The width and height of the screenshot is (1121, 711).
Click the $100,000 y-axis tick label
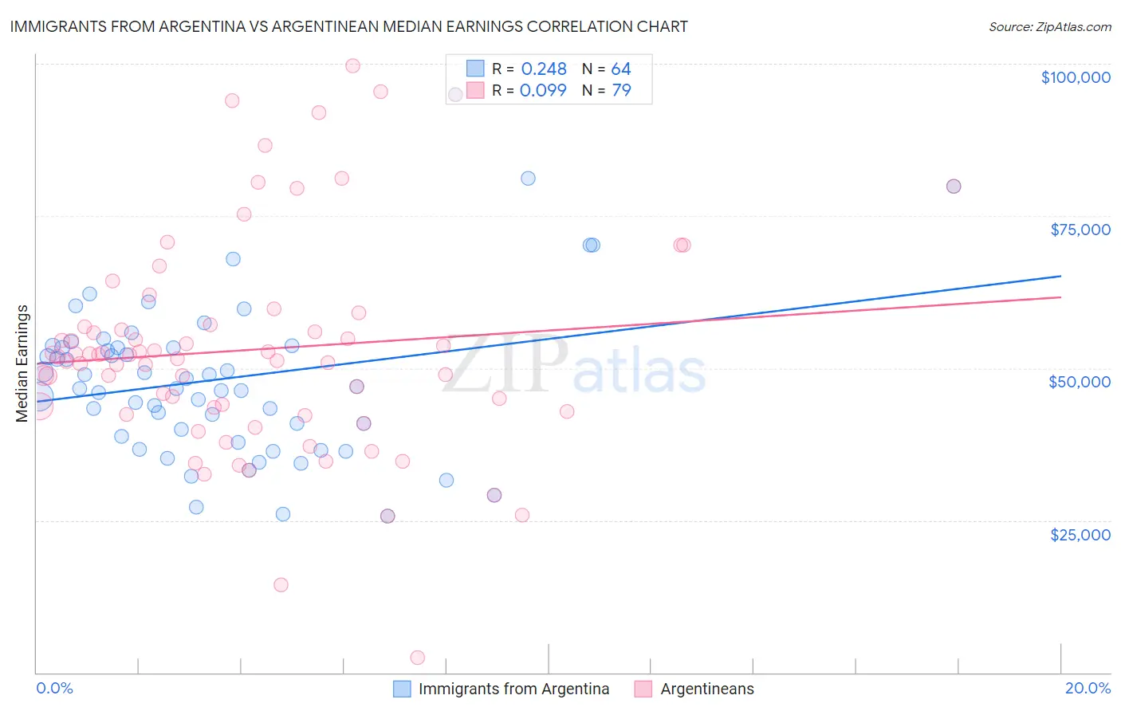(1075, 77)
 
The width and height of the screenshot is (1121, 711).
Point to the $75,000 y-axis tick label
(1080, 230)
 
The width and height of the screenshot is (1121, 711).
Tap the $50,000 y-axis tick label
(1079, 382)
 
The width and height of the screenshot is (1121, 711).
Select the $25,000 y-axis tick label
(1080, 535)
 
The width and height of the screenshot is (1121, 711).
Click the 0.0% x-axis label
(54, 688)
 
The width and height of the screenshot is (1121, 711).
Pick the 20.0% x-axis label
(1088, 688)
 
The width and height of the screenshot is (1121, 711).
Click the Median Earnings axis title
(22, 363)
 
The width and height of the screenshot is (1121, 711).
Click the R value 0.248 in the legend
(543, 69)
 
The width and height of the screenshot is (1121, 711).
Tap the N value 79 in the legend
(621, 90)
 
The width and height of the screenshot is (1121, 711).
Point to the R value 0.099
(543, 90)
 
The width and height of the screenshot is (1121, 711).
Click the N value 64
(621, 69)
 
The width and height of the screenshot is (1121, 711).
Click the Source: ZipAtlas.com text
(1049, 26)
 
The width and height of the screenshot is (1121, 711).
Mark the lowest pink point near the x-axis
(417, 658)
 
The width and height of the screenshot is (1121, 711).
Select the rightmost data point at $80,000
(953, 186)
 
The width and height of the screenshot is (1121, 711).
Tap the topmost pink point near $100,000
(352, 65)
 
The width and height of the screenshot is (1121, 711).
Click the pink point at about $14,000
(281, 584)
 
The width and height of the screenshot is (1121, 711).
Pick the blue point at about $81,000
(528, 178)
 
